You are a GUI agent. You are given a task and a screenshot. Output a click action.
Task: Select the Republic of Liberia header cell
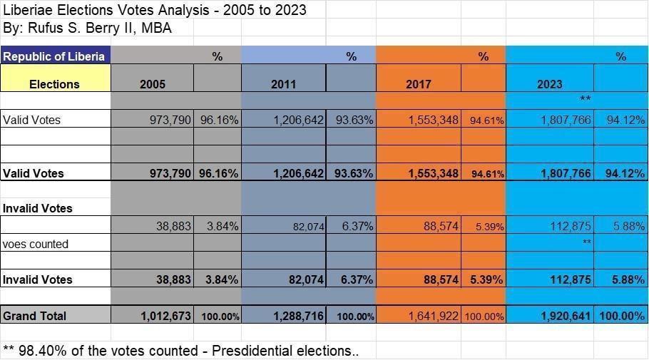[54, 56]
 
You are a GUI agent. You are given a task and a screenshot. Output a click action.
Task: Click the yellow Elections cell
[54, 83]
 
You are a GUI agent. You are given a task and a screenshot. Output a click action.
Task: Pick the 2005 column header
[152, 83]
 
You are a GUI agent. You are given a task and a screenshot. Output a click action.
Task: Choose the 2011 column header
[283, 83]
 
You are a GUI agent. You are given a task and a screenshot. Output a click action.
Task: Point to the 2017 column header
[418, 83]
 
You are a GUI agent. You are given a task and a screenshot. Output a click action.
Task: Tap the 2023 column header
[549, 83]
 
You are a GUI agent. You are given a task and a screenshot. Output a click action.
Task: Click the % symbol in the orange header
[484, 56]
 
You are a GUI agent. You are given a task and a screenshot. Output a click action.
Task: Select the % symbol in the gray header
[217, 56]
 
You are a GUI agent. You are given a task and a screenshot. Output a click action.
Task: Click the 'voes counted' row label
[36, 244]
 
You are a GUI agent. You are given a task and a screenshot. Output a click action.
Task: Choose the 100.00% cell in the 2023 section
[620, 316]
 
